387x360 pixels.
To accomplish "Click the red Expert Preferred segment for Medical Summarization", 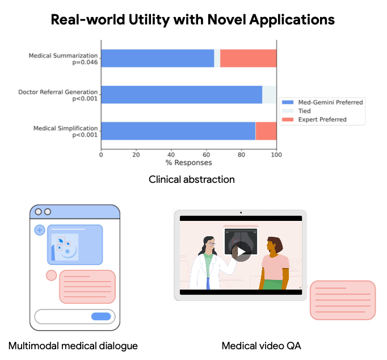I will [248, 58].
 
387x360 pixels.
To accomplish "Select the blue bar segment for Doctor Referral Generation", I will [182, 94].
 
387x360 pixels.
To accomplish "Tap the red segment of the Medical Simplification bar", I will [266, 130].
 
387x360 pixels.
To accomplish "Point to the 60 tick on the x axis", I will [207, 154].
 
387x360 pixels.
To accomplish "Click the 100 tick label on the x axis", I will [276, 154].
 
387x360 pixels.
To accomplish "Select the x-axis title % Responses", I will [188, 163].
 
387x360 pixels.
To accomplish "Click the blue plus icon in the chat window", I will [40, 230].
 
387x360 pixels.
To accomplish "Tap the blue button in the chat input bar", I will [101, 316].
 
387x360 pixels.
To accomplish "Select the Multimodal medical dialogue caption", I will [73, 345].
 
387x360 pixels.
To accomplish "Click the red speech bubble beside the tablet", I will [342, 300].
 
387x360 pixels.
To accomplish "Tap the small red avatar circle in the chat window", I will [51, 275].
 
